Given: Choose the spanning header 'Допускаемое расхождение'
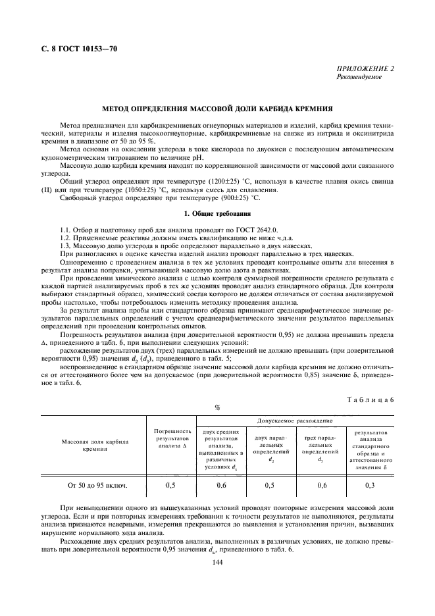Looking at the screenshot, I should [294, 420].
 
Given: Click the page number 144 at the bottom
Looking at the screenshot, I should [217, 562].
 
